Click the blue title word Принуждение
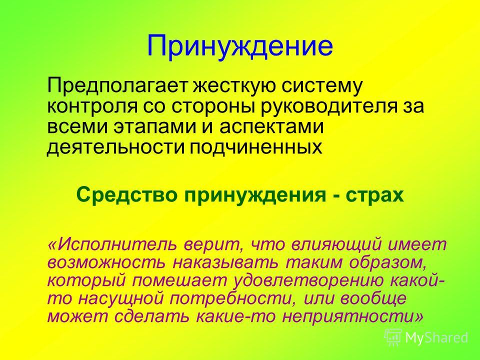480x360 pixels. [x=239, y=46]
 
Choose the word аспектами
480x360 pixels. [x=271, y=126]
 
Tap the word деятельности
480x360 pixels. [x=115, y=147]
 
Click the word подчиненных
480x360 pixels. [x=256, y=147]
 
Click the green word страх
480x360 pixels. [x=375, y=195]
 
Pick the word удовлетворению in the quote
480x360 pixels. [x=308, y=281]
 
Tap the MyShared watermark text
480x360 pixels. [x=436, y=337]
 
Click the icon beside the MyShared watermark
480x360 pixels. [x=393, y=337]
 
